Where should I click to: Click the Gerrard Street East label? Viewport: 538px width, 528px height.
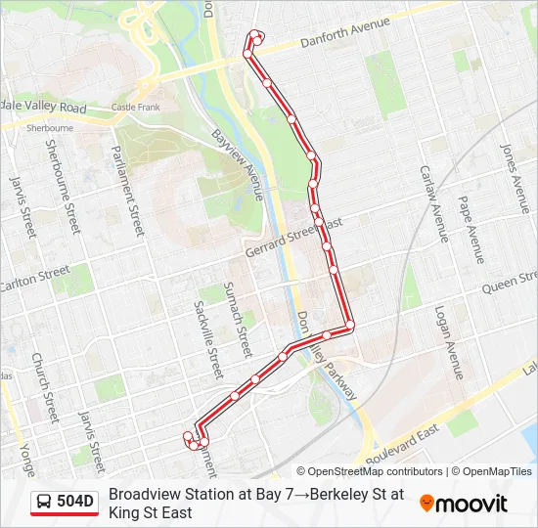point(293,238)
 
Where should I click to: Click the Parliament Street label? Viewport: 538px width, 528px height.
point(129,186)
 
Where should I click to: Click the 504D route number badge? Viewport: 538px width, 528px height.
point(75,503)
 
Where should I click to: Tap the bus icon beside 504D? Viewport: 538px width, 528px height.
point(44,503)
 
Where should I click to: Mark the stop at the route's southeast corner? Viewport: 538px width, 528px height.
point(349,325)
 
